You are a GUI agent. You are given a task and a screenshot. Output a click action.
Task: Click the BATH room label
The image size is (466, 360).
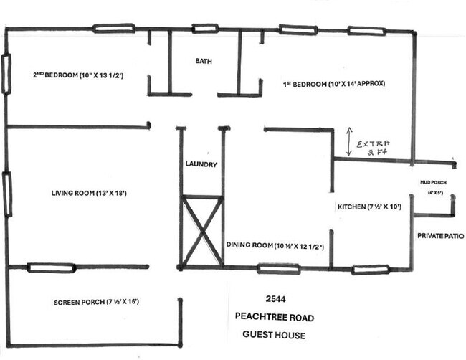(x=204, y=62)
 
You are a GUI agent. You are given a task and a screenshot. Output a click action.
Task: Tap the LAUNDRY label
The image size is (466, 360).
(x=201, y=164)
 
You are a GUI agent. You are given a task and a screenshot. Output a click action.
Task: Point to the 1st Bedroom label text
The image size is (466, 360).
(x=334, y=83)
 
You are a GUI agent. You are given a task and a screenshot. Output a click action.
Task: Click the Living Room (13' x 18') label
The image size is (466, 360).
(x=89, y=193)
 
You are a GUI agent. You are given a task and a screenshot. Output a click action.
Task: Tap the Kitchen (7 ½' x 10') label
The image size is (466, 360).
(x=368, y=207)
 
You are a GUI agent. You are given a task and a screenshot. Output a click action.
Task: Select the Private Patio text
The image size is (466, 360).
(x=440, y=235)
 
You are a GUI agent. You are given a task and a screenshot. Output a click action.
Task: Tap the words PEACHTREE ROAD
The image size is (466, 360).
(x=273, y=317)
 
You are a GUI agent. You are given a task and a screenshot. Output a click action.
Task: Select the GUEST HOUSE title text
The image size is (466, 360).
(x=273, y=335)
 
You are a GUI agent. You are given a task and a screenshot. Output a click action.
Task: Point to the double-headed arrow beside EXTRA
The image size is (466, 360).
(x=348, y=143)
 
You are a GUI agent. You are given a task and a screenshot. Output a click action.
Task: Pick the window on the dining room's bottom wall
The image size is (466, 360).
(x=278, y=269)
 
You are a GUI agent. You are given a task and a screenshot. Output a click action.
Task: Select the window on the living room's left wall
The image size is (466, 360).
(x=7, y=194)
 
